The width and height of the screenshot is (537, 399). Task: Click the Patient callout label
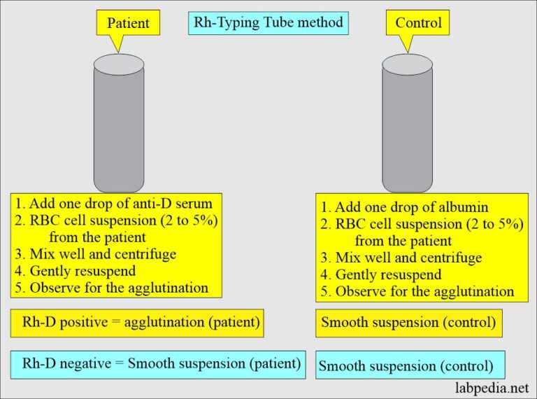pos(129,23)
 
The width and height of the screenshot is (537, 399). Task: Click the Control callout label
pos(417,23)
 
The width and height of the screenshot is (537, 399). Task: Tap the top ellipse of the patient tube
pos(119,62)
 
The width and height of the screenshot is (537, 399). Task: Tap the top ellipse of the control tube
pos(407,62)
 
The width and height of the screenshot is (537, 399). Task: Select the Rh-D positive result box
pos(137,323)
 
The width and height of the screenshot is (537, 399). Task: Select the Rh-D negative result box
pos(158,363)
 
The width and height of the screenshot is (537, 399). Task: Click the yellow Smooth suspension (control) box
pos(408,323)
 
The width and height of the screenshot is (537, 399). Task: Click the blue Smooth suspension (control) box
pos(410,365)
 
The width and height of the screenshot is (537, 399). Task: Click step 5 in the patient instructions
pos(112,288)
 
